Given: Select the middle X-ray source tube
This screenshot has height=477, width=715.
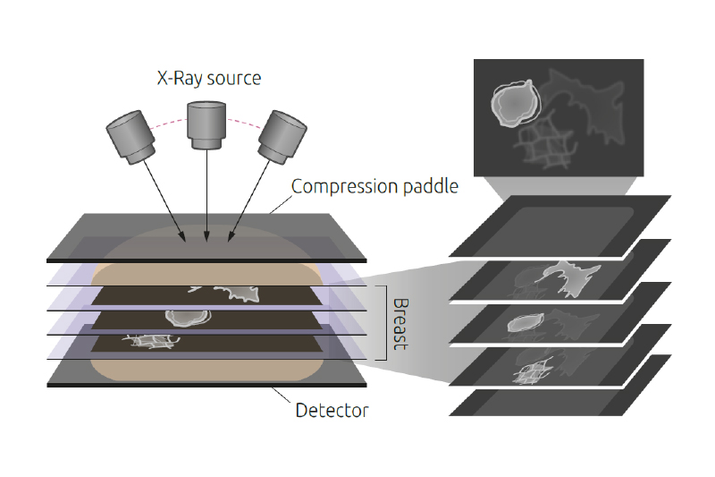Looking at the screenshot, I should [206, 124].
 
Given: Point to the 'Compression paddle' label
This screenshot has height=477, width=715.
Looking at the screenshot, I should [374, 186].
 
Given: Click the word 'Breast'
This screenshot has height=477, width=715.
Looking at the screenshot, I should [400, 323].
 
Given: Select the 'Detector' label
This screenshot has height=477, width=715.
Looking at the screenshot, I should [332, 411].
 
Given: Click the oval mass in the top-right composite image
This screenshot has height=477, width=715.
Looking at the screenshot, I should [513, 100].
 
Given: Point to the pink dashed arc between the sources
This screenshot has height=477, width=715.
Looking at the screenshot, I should [242, 118].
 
